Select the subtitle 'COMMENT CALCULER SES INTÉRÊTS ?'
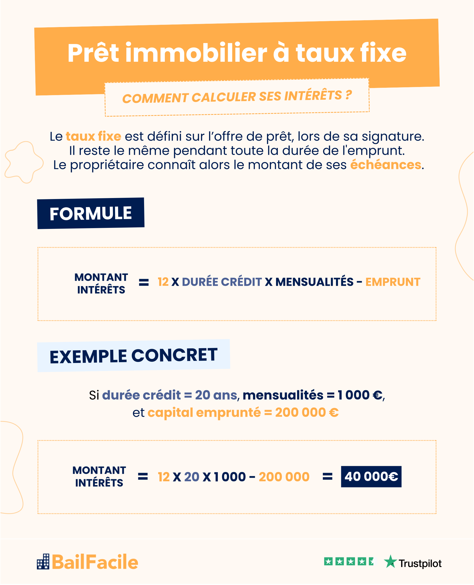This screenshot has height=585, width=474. pos(237,97)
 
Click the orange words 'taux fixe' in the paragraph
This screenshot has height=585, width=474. pos(93,136)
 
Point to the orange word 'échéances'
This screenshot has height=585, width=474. pos(386,165)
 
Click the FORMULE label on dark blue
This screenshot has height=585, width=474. pos(91,213)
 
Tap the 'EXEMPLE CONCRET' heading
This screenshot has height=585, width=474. pos(133,356)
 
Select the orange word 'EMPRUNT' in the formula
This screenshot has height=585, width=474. pos(393,282)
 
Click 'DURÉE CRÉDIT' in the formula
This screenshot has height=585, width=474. pos(222,282)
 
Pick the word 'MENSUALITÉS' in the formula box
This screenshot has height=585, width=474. pos(314,282)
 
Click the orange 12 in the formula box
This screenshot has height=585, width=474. pos(163,282)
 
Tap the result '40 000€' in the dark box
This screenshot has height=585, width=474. pos(371,476)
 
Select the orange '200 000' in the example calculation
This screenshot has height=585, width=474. pos(284,477)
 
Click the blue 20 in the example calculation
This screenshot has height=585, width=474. pos(192,477)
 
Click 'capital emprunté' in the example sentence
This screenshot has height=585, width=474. pos(204,413)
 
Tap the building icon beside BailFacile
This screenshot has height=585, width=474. pos(43,562)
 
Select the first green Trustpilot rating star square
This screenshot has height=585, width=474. pos(328,561)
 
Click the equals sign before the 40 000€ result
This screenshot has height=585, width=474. pos(327,477)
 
